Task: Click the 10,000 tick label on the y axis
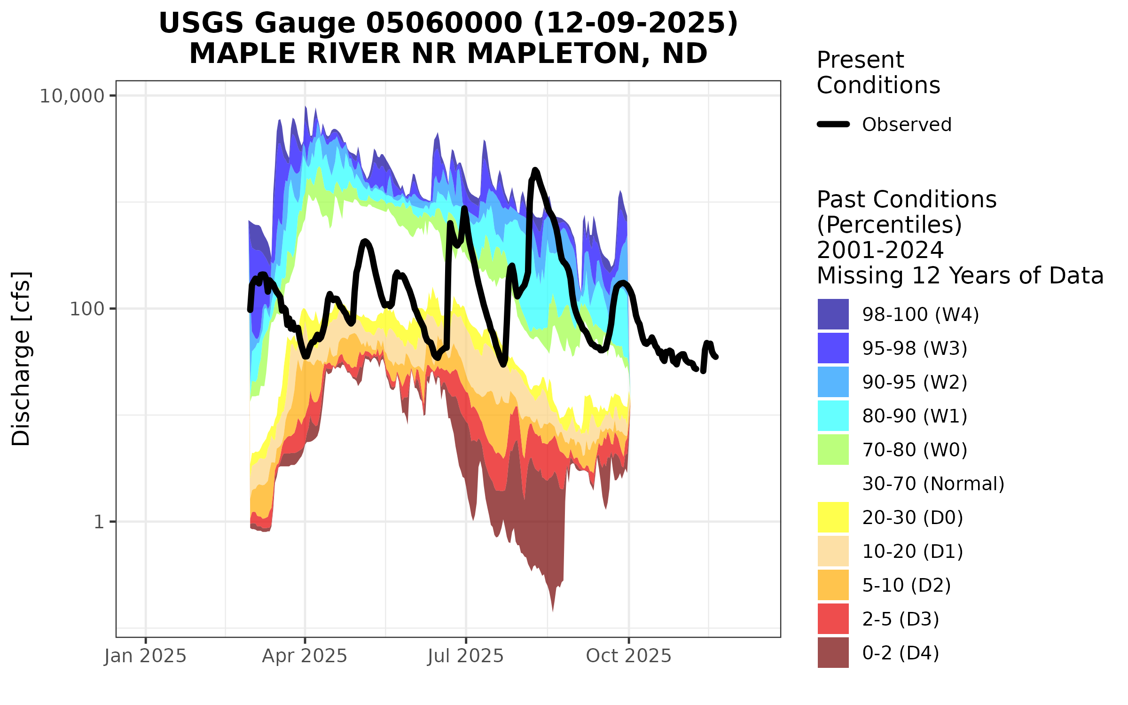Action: [71, 96]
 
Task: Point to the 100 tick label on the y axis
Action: [86, 309]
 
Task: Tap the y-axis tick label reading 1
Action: [99, 522]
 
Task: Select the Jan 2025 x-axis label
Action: [145, 656]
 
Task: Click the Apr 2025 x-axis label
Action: [305, 656]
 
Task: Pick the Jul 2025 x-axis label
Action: [465, 656]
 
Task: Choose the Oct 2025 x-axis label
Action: [628, 656]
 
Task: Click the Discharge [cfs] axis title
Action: [21, 359]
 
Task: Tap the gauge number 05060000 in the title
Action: [444, 23]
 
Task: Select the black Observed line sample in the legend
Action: [833, 125]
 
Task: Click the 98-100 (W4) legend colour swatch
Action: [833, 314]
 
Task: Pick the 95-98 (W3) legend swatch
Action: [833, 348]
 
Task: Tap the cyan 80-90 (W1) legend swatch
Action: [833, 416]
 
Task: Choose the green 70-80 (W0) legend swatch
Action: [833, 450]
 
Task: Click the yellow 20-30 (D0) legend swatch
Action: [833, 517]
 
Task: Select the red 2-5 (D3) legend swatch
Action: [833, 619]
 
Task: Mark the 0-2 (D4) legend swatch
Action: [833, 653]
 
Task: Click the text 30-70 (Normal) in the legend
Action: [933, 484]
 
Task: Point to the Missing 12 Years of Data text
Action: [960, 275]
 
